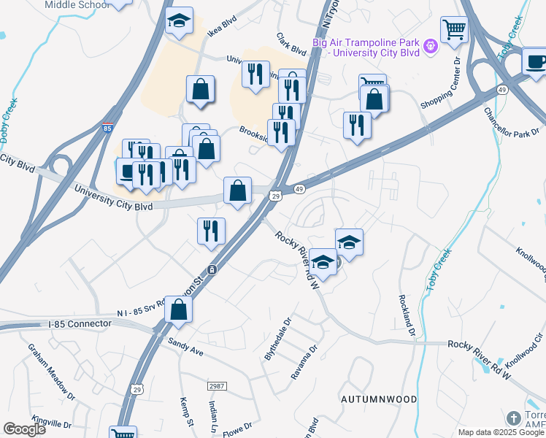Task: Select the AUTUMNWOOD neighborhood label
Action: tap(378, 399)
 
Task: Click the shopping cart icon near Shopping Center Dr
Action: tap(454, 30)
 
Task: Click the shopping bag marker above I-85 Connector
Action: tap(178, 310)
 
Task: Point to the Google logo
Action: tap(25, 429)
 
